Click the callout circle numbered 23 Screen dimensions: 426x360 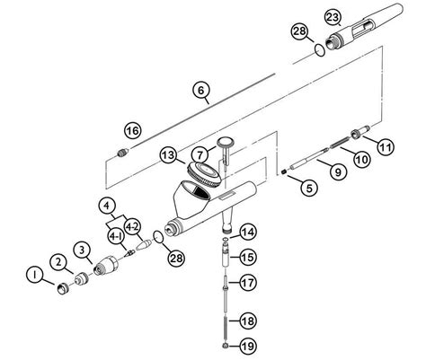[333, 18]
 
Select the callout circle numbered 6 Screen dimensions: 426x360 [200, 90]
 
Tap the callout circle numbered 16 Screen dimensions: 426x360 [133, 131]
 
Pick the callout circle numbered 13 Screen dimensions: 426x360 [168, 155]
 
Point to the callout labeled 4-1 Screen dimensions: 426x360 [116, 237]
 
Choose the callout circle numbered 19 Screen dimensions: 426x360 [248, 347]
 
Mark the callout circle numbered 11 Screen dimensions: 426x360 [386, 147]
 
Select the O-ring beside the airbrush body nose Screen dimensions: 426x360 [158, 236]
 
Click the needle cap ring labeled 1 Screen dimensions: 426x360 [63, 288]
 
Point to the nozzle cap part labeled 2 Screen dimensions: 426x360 [82, 278]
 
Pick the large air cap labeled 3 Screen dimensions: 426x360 [106, 266]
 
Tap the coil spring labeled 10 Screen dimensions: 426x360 [340, 142]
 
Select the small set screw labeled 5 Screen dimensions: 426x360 [284, 171]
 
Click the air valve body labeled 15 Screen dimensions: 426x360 [226, 255]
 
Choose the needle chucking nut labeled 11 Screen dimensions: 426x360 [360, 132]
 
